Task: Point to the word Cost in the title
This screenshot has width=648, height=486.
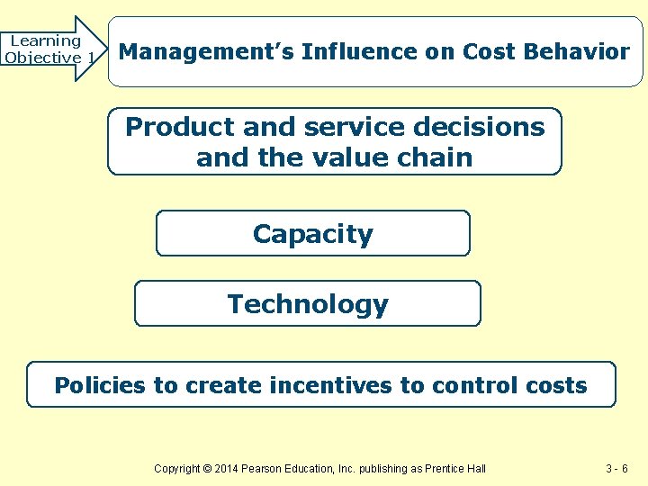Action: [486, 52]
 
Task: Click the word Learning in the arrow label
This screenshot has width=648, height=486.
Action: [45, 40]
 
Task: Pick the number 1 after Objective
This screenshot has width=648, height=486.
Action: [91, 58]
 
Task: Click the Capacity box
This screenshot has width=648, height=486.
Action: [313, 234]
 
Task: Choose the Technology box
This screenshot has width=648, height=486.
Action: [308, 304]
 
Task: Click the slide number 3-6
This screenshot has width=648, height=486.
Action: [616, 468]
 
